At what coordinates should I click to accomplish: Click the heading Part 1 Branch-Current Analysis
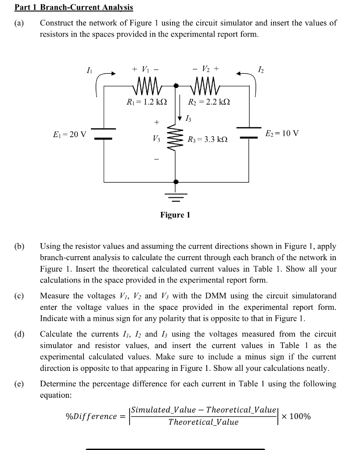click(x=74, y=7)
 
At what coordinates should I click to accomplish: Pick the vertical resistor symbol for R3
click(x=176, y=140)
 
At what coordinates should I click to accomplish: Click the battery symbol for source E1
click(x=104, y=134)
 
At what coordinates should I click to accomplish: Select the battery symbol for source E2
click(x=249, y=133)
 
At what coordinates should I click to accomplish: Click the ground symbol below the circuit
click(x=176, y=196)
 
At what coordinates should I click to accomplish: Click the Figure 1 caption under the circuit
click(x=175, y=215)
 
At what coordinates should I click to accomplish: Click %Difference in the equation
click(x=91, y=416)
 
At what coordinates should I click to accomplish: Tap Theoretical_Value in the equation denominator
click(x=203, y=422)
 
